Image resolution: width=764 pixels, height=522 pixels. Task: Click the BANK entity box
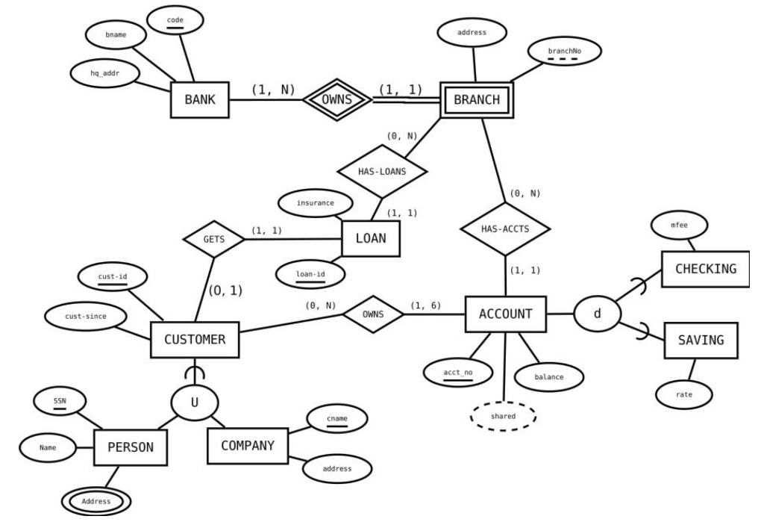click(200, 101)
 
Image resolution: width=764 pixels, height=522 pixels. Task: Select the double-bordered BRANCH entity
click(477, 101)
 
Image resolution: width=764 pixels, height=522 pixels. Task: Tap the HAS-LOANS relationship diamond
click(383, 171)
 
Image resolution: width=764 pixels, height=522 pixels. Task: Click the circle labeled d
click(597, 314)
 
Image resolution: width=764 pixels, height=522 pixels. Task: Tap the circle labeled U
click(195, 403)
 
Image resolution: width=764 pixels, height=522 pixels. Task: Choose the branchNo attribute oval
click(564, 52)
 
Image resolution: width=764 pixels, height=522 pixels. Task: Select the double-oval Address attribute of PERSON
click(95, 501)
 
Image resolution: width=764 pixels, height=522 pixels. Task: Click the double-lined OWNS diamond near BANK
click(336, 99)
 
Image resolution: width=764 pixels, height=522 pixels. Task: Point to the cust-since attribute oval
click(85, 317)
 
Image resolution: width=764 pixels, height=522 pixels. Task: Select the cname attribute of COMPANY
click(336, 420)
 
